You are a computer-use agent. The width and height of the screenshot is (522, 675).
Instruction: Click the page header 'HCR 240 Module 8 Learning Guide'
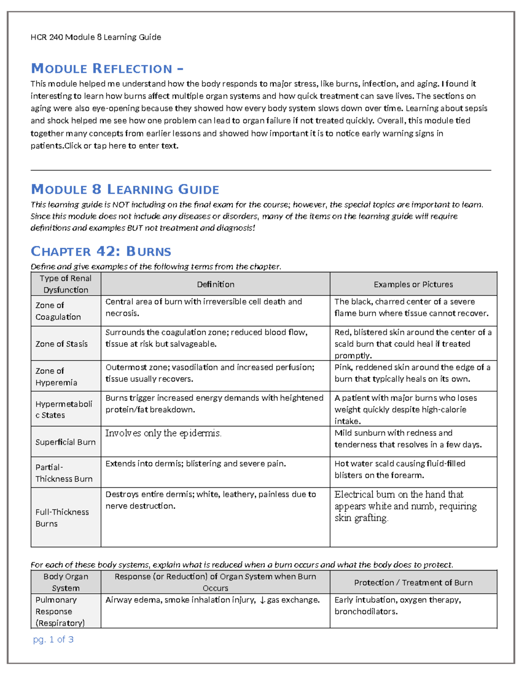point(96,37)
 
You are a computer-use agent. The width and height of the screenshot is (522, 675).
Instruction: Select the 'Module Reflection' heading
point(107,69)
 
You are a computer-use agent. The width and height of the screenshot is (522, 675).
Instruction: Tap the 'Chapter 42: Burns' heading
point(101,252)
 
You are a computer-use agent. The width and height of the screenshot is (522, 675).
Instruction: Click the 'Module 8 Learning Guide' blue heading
point(125,190)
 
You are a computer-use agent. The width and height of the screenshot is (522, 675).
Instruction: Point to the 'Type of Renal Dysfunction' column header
point(66,284)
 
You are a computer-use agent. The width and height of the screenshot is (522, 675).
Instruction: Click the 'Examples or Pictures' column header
point(413,284)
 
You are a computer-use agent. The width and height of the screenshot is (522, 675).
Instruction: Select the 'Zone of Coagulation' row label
point(58,311)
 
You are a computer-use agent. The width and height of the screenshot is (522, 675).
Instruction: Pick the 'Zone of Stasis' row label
point(61,344)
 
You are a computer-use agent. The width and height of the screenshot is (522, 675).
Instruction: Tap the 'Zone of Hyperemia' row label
point(56,376)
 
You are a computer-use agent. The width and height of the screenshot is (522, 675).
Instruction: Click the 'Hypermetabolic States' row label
point(64,409)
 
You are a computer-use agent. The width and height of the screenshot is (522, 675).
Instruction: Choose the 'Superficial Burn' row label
point(65,442)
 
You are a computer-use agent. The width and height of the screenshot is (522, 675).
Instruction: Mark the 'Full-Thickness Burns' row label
point(62,518)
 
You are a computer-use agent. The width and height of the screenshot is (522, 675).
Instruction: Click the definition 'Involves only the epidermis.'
point(163,433)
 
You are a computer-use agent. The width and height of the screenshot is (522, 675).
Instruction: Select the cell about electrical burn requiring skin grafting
point(405,506)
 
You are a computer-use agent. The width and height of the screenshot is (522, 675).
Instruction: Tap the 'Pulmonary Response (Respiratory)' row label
point(60,611)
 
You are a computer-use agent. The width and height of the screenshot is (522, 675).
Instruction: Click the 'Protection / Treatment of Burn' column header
point(413,582)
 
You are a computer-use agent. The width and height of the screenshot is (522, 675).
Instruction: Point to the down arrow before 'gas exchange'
point(262,600)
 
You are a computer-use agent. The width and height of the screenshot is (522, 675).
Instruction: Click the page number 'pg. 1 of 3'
point(53,639)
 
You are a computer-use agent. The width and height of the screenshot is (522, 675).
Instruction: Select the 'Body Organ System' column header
point(66,582)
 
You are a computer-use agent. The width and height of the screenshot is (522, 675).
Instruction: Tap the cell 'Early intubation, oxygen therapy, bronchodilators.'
point(397,605)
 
